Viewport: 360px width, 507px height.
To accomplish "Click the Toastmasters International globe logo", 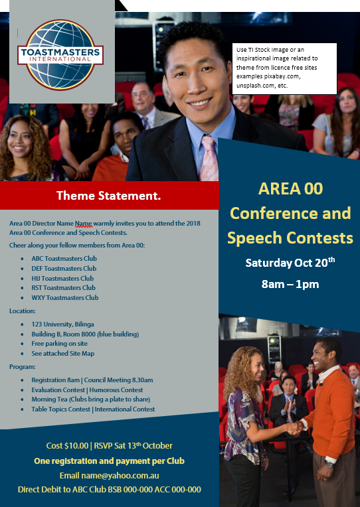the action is click(60, 55).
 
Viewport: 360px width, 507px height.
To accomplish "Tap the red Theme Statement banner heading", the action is click(108, 196).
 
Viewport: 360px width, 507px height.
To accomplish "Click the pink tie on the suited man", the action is click(209, 159).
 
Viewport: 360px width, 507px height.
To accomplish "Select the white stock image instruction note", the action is click(284, 68).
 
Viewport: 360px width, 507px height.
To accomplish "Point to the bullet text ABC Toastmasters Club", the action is click(64, 259).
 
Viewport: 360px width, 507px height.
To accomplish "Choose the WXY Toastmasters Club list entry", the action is click(64, 297).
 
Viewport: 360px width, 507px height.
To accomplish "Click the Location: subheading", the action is click(23, 311).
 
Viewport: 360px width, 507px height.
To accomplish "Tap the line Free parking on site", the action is click(59, 343).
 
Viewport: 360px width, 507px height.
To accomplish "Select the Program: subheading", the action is click(23, 367).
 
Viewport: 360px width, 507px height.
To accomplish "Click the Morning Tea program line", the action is click(90, 399).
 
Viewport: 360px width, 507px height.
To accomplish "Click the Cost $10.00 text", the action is click(67, 446).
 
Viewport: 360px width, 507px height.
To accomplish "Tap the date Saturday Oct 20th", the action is click(290, 262).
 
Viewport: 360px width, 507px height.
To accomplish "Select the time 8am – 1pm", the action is click(290, 284).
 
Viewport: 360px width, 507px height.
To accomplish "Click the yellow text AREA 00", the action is click(290, 188).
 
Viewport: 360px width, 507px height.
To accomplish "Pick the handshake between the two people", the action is click(295, 429).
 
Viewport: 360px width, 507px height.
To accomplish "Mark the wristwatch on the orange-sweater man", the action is click(329, 465).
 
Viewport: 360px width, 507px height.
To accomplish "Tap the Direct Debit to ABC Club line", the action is click(110, 490).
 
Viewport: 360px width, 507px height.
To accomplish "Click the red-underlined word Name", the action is click(84, 224).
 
